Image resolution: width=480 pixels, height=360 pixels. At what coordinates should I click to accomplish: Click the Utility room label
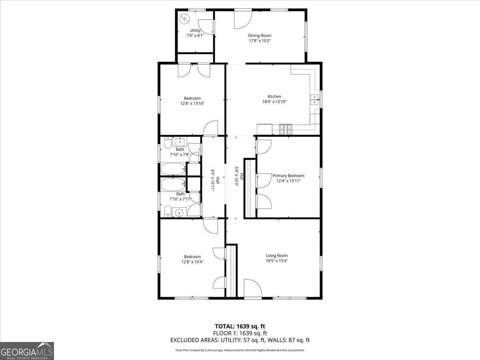[x=195, y=30]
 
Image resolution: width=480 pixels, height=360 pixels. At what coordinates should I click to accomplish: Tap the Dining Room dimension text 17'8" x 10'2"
[x=260, y=41]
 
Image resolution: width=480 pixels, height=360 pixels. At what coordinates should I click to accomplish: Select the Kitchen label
[x=274, y=96]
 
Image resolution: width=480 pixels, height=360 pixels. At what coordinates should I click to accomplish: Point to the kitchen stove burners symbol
[x=286, y=129]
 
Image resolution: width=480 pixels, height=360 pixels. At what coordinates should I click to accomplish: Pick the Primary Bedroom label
[x=288, y=176]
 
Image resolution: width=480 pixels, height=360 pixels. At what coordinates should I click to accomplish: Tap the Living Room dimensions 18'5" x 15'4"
[x=276, y=261]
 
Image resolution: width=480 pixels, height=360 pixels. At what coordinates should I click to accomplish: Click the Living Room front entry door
[x=252, y=289]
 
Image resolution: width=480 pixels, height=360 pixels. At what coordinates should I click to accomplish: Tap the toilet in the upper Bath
[x=168, y=143]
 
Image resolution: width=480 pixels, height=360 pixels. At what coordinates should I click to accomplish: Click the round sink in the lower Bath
[x=180, y=213]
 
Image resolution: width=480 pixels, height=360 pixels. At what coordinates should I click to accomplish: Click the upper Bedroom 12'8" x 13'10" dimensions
[x=192, y=104]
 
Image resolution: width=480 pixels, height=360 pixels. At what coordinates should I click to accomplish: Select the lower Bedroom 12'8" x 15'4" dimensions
[x=192, y=262]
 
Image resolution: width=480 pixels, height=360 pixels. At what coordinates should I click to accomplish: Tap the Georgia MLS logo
[x=27, y=351]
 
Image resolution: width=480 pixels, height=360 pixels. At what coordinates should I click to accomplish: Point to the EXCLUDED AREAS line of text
[x=240, y=340]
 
